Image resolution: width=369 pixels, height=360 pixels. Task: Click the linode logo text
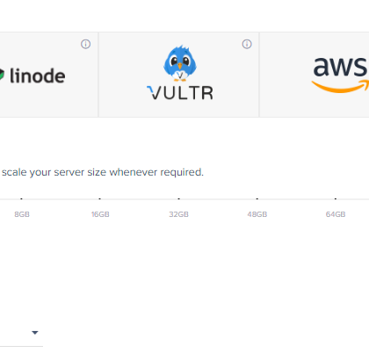pos(38,76)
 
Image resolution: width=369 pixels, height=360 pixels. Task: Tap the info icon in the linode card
pos(85,44)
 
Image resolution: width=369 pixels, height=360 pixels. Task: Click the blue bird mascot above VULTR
pos(180,63)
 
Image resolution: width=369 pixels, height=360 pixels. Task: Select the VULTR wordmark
pos(180,93)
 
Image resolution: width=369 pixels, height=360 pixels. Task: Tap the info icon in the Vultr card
pos(247,44)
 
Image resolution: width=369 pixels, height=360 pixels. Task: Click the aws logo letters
pos(341,67)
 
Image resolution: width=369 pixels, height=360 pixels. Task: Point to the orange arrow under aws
pos(340,86)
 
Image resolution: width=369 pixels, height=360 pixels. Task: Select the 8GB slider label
pos(22,214)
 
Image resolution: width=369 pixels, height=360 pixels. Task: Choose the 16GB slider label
pos(100,214)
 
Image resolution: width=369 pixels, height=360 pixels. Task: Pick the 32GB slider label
pos(178,214)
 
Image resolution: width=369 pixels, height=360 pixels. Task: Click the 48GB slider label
pos(257,214)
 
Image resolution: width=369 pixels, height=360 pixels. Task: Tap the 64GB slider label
pos(336,214)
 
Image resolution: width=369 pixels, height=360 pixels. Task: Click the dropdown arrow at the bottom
pos(35,333)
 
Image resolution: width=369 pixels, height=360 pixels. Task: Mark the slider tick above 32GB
pos(179,198)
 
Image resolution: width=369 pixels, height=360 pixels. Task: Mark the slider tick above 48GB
pos(257,198)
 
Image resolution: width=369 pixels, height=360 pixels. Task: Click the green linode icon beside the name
pos(2,75)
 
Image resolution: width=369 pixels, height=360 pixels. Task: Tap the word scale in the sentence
pos(14,172)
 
